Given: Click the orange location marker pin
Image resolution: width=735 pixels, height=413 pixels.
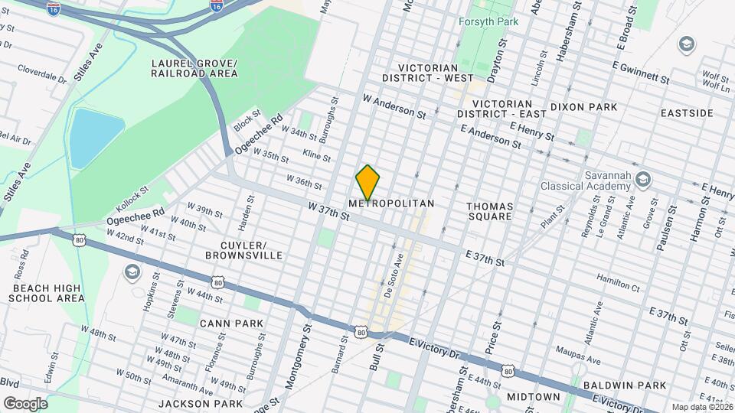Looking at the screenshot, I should coord(368,182).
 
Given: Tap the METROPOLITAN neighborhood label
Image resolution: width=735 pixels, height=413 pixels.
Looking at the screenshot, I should coord(391,204).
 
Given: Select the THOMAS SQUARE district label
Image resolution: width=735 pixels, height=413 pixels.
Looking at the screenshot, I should coord(490,211).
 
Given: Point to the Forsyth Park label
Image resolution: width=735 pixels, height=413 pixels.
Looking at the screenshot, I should coord(488,21).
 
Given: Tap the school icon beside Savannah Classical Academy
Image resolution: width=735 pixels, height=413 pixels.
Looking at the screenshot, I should coord(643,178).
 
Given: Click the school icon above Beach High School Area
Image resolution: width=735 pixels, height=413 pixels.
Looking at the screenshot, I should coord(132,272).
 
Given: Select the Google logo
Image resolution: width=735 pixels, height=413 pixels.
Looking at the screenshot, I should coord(25,403).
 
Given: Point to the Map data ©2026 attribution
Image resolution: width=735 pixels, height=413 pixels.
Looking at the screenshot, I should coord(701,407).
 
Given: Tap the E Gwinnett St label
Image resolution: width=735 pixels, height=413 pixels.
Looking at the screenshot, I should coord(642,72).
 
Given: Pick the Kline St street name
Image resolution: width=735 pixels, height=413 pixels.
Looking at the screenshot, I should coord(316,156).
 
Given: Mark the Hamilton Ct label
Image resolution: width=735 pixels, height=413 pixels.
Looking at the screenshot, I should coord(618,282).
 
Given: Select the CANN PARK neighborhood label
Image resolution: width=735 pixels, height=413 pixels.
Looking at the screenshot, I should coord(232,324).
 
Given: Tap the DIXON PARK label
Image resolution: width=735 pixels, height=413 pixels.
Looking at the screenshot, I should coord(583,107).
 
